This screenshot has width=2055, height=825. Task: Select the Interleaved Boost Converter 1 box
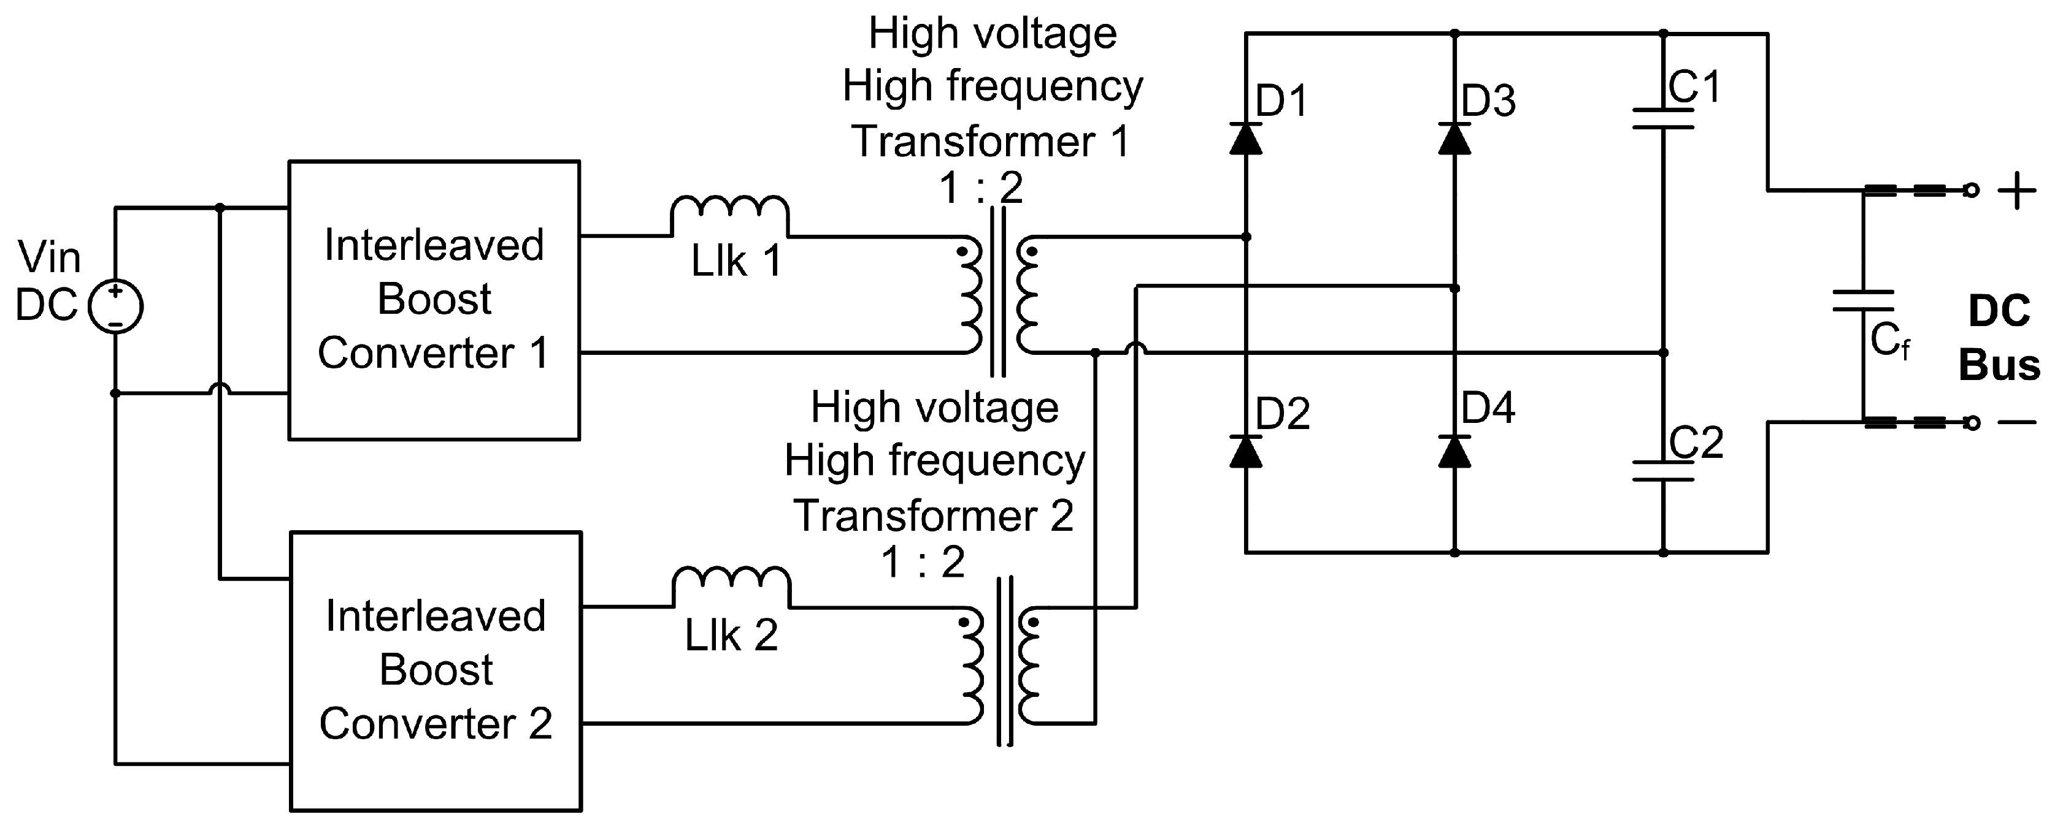[434, 300]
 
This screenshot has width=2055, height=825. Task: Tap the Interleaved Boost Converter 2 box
[436, 671]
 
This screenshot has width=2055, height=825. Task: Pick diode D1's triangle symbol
[1246, 139]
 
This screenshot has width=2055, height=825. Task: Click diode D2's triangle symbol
[1246, 452]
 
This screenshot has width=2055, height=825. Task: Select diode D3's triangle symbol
[1454, 139]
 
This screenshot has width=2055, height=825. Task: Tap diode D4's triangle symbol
[1454, 452]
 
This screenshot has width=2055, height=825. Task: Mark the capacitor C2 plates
[1663, 471]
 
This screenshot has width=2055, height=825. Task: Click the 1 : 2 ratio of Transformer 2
[923, 563]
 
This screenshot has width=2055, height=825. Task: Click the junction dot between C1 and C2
[1663, 352]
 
